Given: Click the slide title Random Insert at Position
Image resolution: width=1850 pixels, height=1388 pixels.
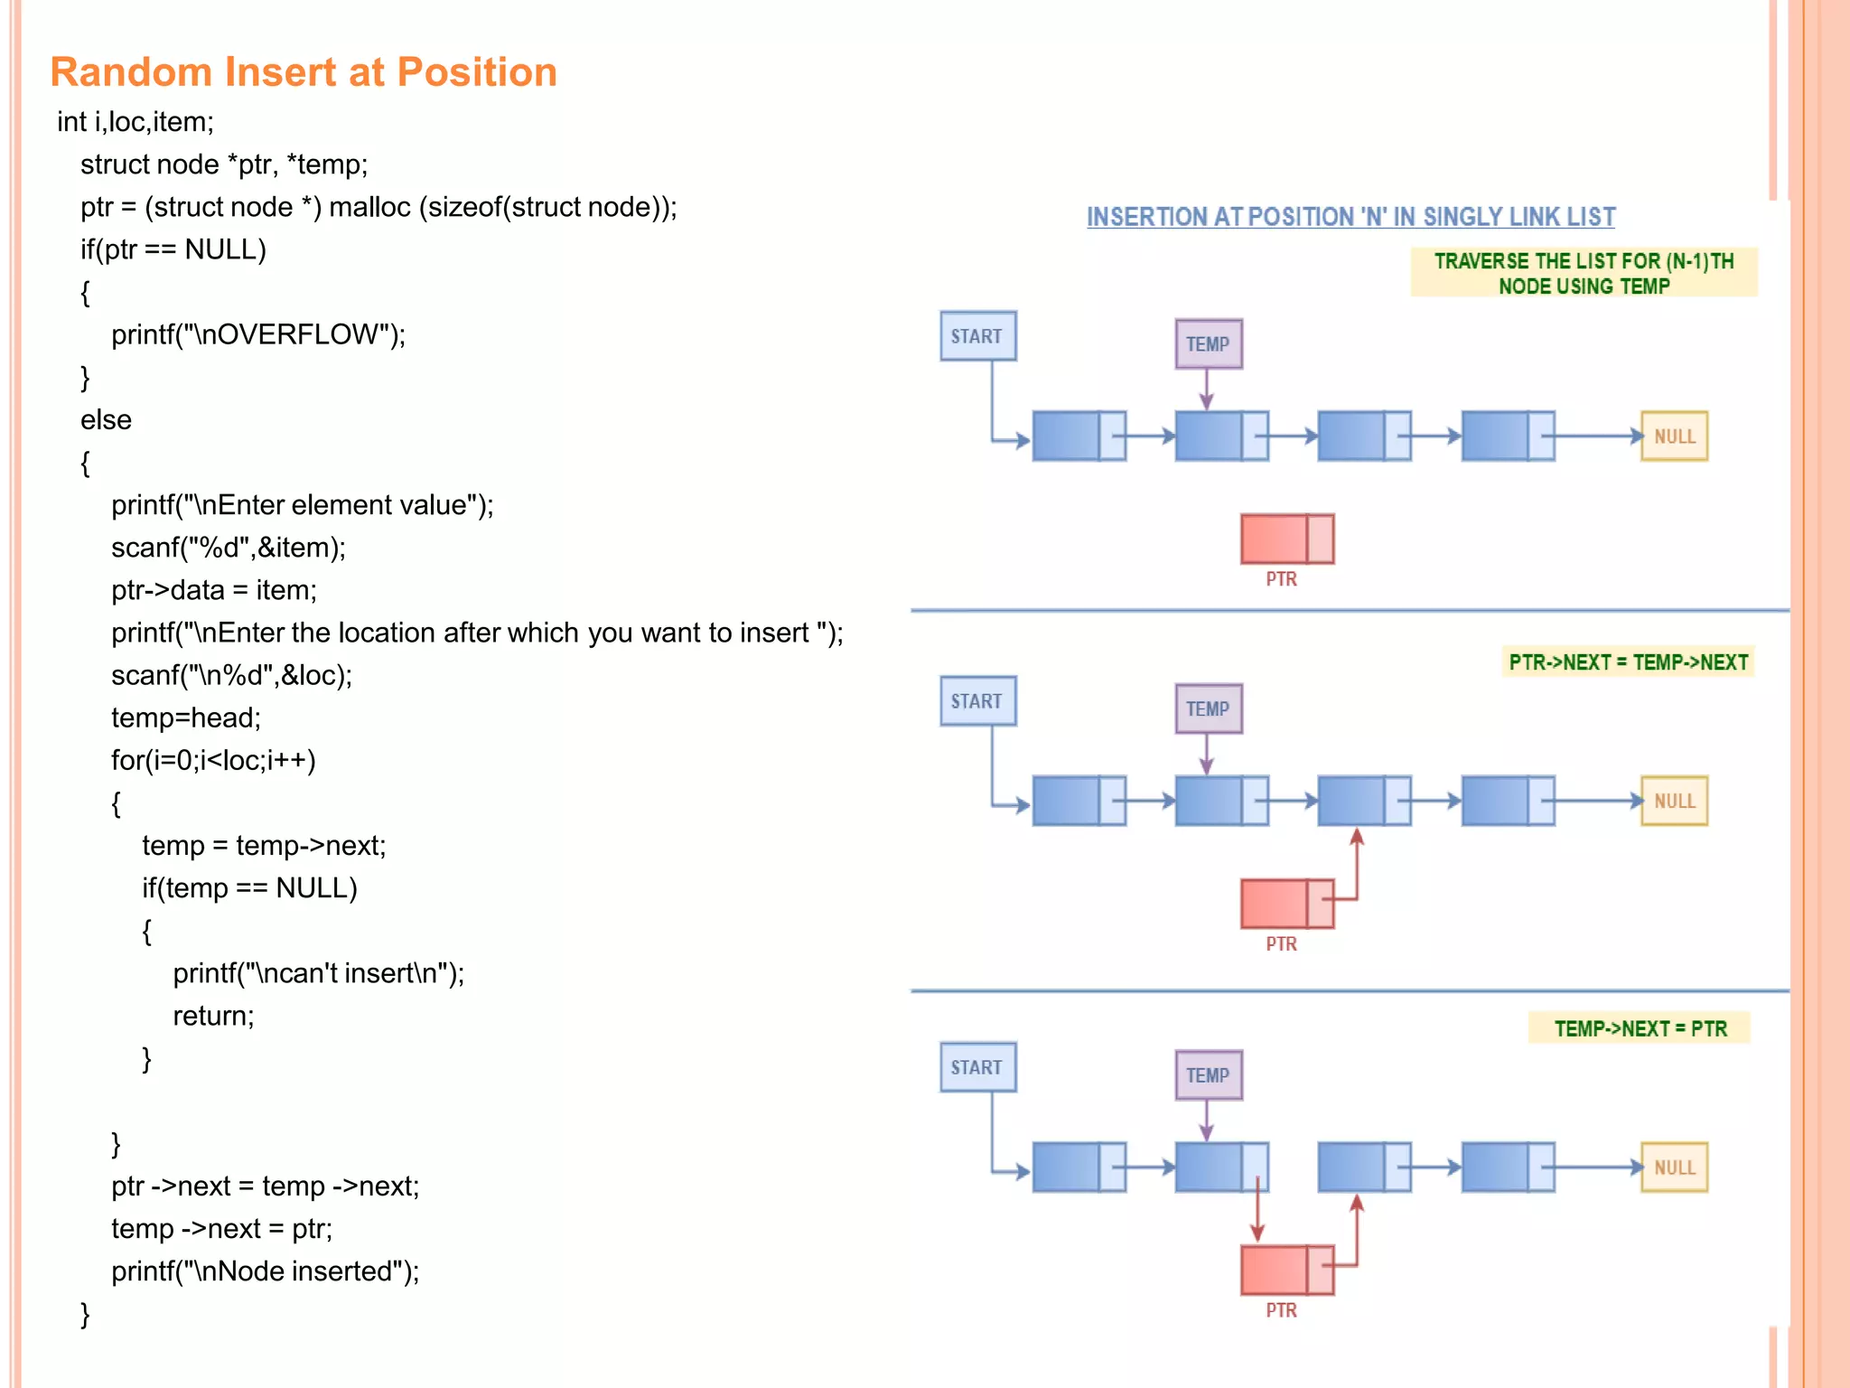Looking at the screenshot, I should [x=304, y=72].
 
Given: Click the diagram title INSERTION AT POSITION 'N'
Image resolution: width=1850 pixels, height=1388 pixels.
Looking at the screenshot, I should [x=1350, y=217].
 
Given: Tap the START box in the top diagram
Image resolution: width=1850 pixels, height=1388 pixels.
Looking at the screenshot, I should [x=977, y=336].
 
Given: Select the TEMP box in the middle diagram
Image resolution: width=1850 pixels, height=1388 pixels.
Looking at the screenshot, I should [x=1208, y=708].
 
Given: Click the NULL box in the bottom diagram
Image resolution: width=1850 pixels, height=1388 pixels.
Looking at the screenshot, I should [x=1674, y=1167].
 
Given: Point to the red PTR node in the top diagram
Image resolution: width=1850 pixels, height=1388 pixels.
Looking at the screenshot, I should [x=1286, y=539].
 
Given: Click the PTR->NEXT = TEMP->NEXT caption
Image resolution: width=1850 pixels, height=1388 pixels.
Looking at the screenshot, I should [x=1628, y=662].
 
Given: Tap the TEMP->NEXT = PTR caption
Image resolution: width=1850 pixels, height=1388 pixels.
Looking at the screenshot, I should [x=1640, y=1028].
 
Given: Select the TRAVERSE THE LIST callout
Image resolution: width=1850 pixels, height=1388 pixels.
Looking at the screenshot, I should [x=1584, y=273].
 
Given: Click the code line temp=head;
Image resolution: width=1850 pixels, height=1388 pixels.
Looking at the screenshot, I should [x=186, y=718].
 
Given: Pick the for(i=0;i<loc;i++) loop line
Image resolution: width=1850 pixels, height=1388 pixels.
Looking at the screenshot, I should [x=213, y=761].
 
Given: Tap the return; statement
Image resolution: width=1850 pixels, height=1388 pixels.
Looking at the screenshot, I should [x=213, y=1017].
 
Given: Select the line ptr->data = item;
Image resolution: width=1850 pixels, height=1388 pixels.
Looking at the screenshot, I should [x=214, y=591].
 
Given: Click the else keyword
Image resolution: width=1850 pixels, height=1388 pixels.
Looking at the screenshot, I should [x=106, y=420].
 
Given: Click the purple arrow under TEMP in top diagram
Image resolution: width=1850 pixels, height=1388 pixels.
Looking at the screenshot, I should [x=1206, y=389].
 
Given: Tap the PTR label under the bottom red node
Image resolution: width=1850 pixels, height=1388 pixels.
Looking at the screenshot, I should [x=1280, y=1310].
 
